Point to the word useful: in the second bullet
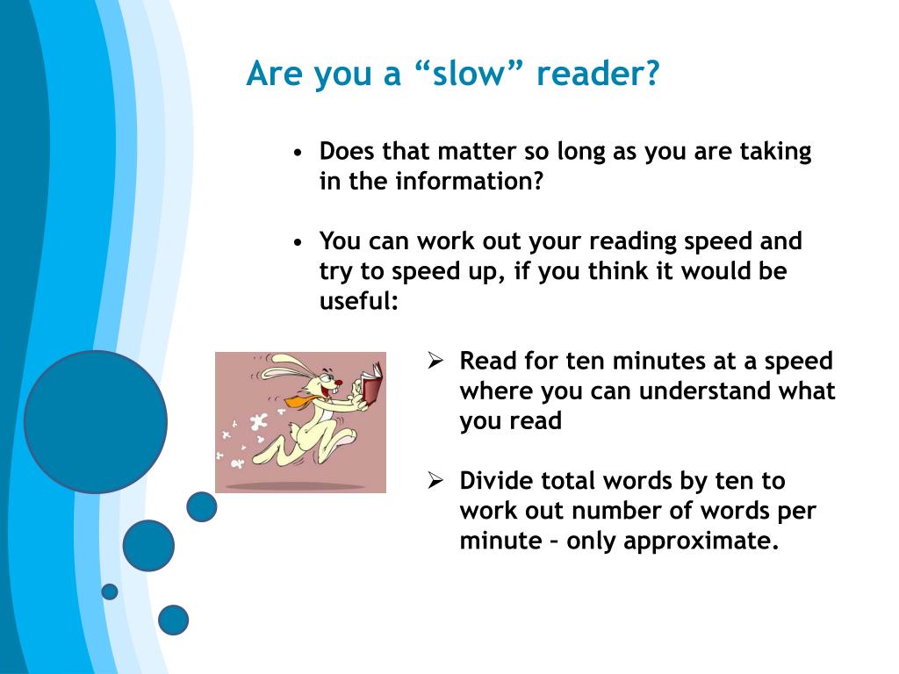click(359, 300)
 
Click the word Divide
click(495, 480)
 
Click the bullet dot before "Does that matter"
click(297, 153)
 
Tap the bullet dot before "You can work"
click(297, 243)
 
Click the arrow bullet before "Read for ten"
click(435, 361)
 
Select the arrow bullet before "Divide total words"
click(435, 480)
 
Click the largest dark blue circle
click(96, 422)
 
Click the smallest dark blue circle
click(110, 592)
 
